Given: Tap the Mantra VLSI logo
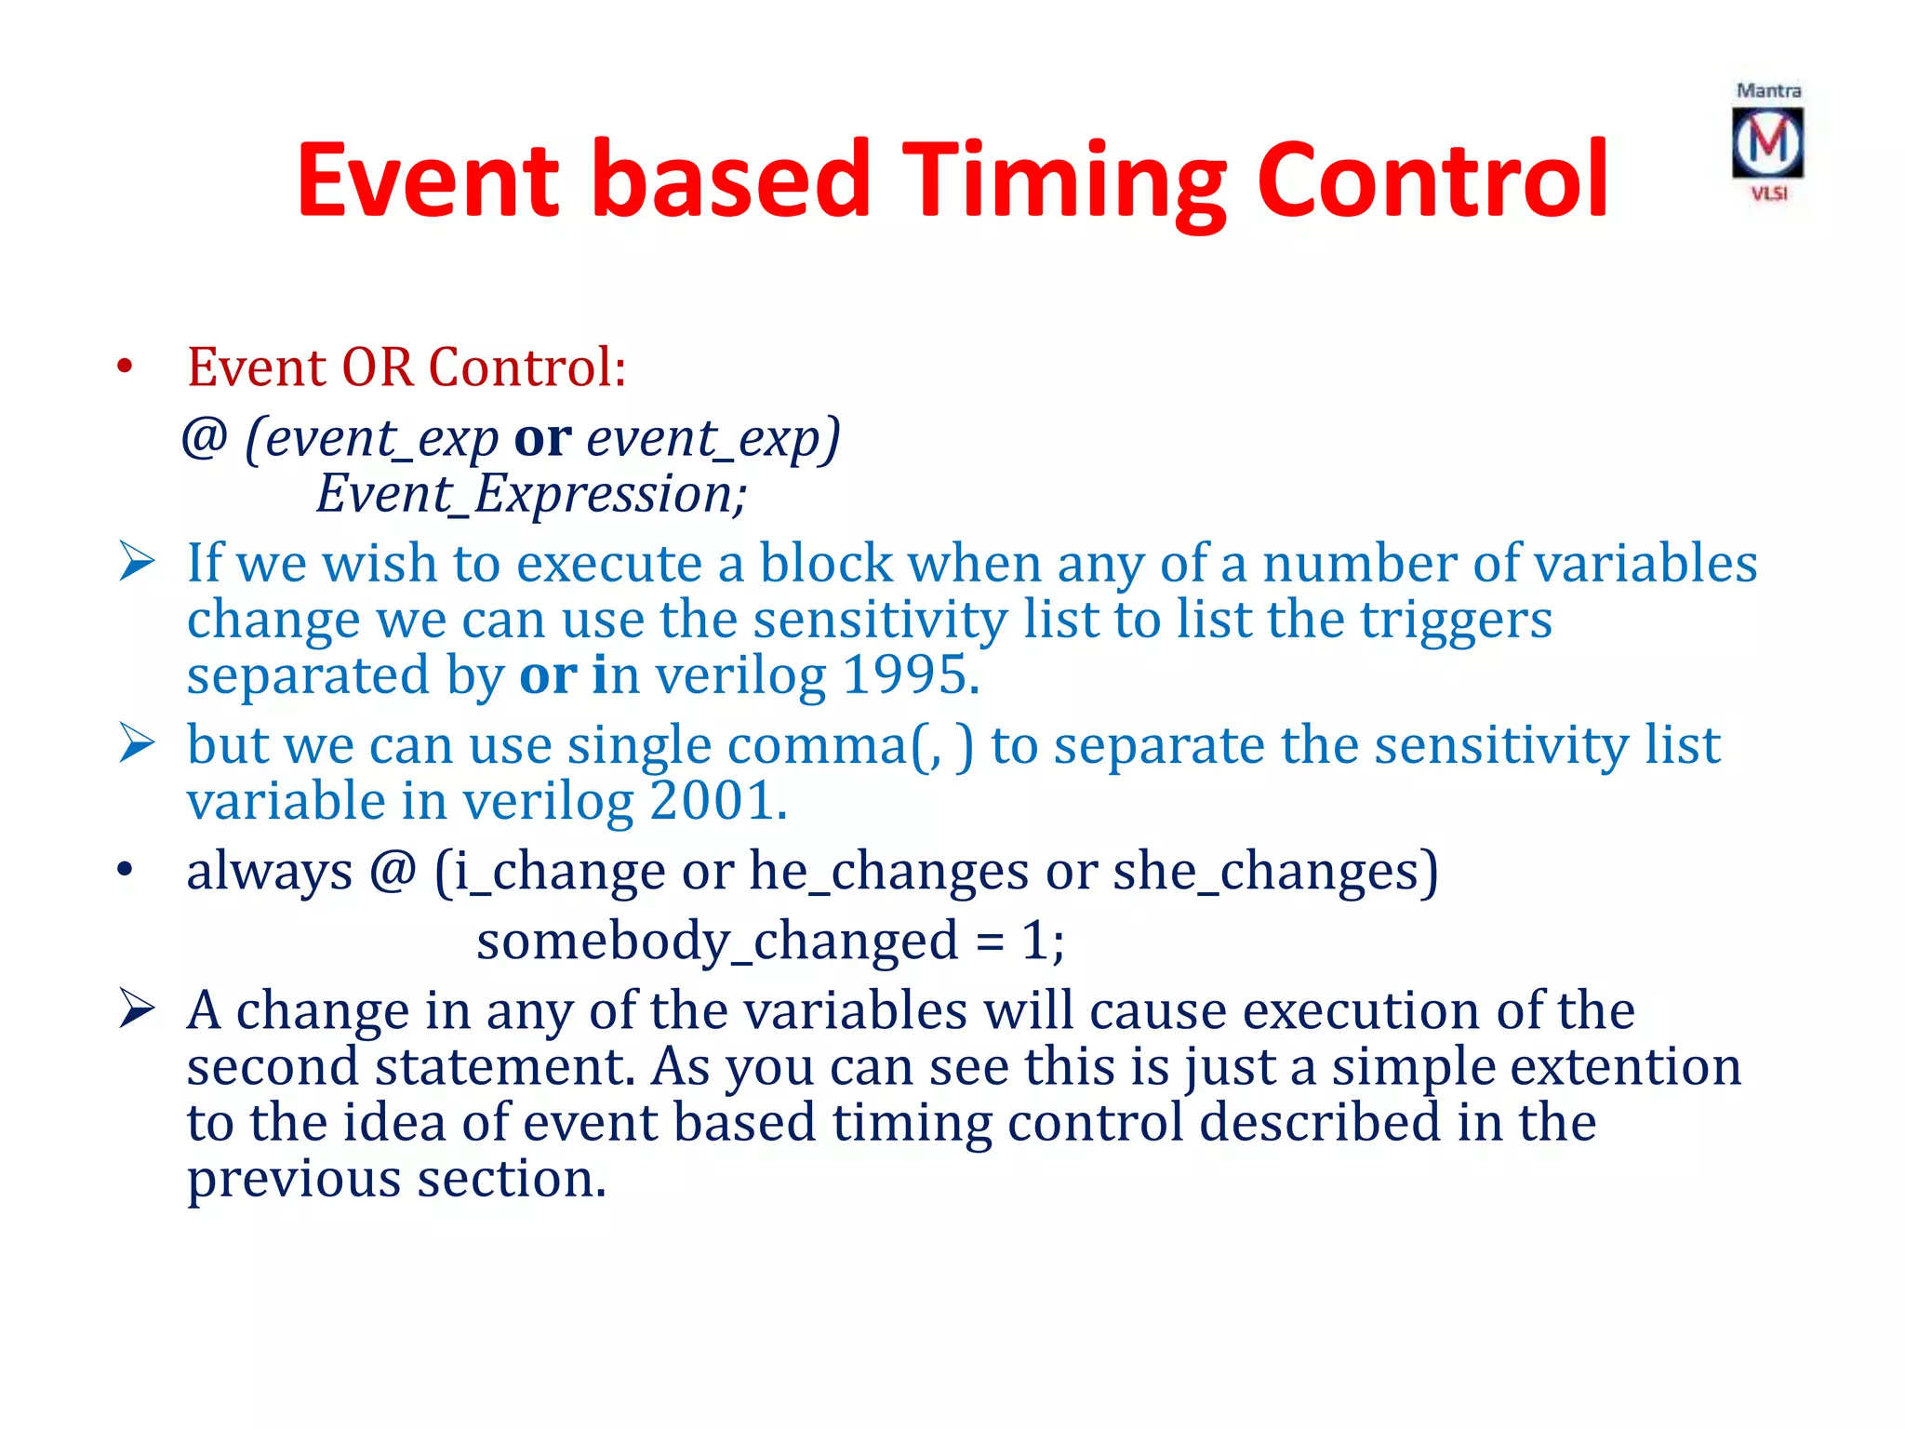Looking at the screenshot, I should pyautogui.click(x=1767, y=142).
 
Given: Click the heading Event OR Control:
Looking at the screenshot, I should pyautogui.click(x=406, y=367).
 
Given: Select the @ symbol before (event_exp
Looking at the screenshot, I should pyautogui.click(x=205, y=437).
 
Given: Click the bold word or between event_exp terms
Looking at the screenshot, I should pyautogui.click(x=542, y=439).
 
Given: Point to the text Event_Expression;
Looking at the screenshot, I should pyautogui.click(x=531, y=494).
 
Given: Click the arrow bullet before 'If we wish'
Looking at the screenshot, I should pyautogui.click(x=137, y=562).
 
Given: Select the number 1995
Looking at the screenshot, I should pyautogui.click(x=911, y=675).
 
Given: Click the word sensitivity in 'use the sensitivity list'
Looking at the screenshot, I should pyautogui.click(x=879, y=621).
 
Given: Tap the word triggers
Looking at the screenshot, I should pyautogui.click(x=1456, y=621).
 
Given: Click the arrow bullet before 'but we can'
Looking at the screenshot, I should pyautogui.click(x=137, y=744).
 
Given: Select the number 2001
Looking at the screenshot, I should pyautogui.click(x=717, y=802).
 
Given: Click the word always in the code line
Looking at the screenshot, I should pyautogui.click(x=269, y=872).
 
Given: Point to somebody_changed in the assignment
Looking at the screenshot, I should pyautogui.click(x=717, y=942).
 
